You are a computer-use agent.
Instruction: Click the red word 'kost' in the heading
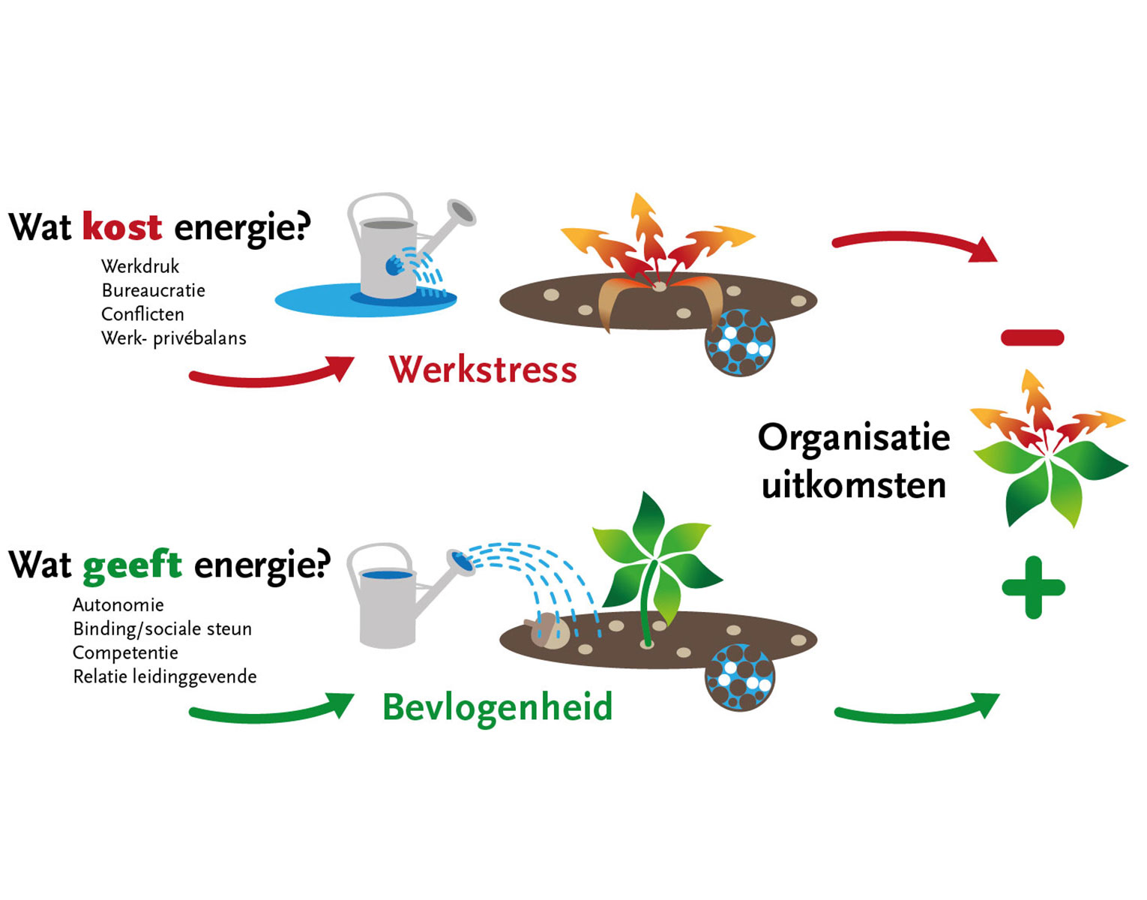[122, 226]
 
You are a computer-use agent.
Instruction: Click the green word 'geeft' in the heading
[132, 565]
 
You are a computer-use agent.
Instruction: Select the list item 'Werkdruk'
[140, 266]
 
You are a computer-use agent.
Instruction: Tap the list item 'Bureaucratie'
[153, 290]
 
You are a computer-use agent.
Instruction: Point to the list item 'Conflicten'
[142, 314]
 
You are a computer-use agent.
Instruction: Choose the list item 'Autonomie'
[118, 604]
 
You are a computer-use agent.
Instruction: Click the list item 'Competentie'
[125, 652]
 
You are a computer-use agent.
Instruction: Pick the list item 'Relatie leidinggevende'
[165, 676]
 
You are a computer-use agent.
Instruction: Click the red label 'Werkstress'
[483, 370]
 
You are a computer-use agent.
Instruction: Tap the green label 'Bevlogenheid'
[498, 707]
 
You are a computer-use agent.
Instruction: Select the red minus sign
[1032, 337]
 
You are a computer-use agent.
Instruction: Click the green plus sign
[1033, 587]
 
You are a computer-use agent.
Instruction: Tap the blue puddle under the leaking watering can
[315, 301]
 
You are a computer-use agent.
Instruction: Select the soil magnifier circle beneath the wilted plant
[740, 343]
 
